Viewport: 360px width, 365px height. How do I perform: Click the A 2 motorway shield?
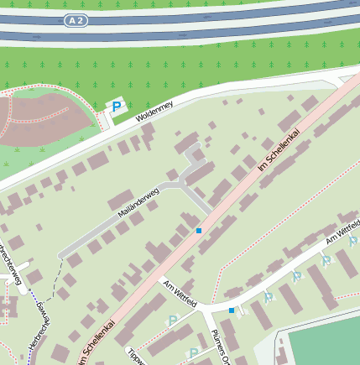(x=76, y=18)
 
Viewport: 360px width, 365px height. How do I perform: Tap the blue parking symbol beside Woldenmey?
(x=117, y=107)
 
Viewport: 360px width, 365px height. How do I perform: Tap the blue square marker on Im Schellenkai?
(x=199, y=230)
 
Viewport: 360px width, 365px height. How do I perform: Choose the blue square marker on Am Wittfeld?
(x=232, y=310)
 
